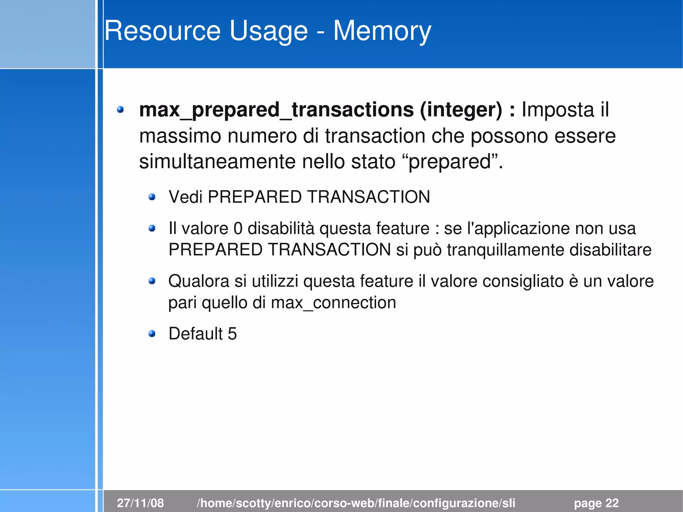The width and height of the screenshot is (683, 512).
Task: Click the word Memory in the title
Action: (382, 31)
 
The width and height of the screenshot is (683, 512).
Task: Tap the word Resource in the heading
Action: (162, 31)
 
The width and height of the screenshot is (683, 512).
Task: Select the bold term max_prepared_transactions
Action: (276, 110)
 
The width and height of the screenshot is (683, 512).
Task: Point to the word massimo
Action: (180, 136)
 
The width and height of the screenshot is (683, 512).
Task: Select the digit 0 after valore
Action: (238, 229)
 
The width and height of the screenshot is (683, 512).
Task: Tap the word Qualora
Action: (198, 281)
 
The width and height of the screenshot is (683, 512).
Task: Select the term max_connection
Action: (333, 303)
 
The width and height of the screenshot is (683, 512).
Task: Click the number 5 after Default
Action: (232, 334)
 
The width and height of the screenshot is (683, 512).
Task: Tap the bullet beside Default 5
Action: (152, 334)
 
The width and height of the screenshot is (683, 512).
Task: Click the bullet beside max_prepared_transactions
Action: (120, 109)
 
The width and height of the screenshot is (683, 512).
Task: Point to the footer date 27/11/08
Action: (140, 503)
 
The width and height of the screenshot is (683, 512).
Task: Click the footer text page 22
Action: (596, 503)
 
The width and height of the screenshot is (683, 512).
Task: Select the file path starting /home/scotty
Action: (356, 503)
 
